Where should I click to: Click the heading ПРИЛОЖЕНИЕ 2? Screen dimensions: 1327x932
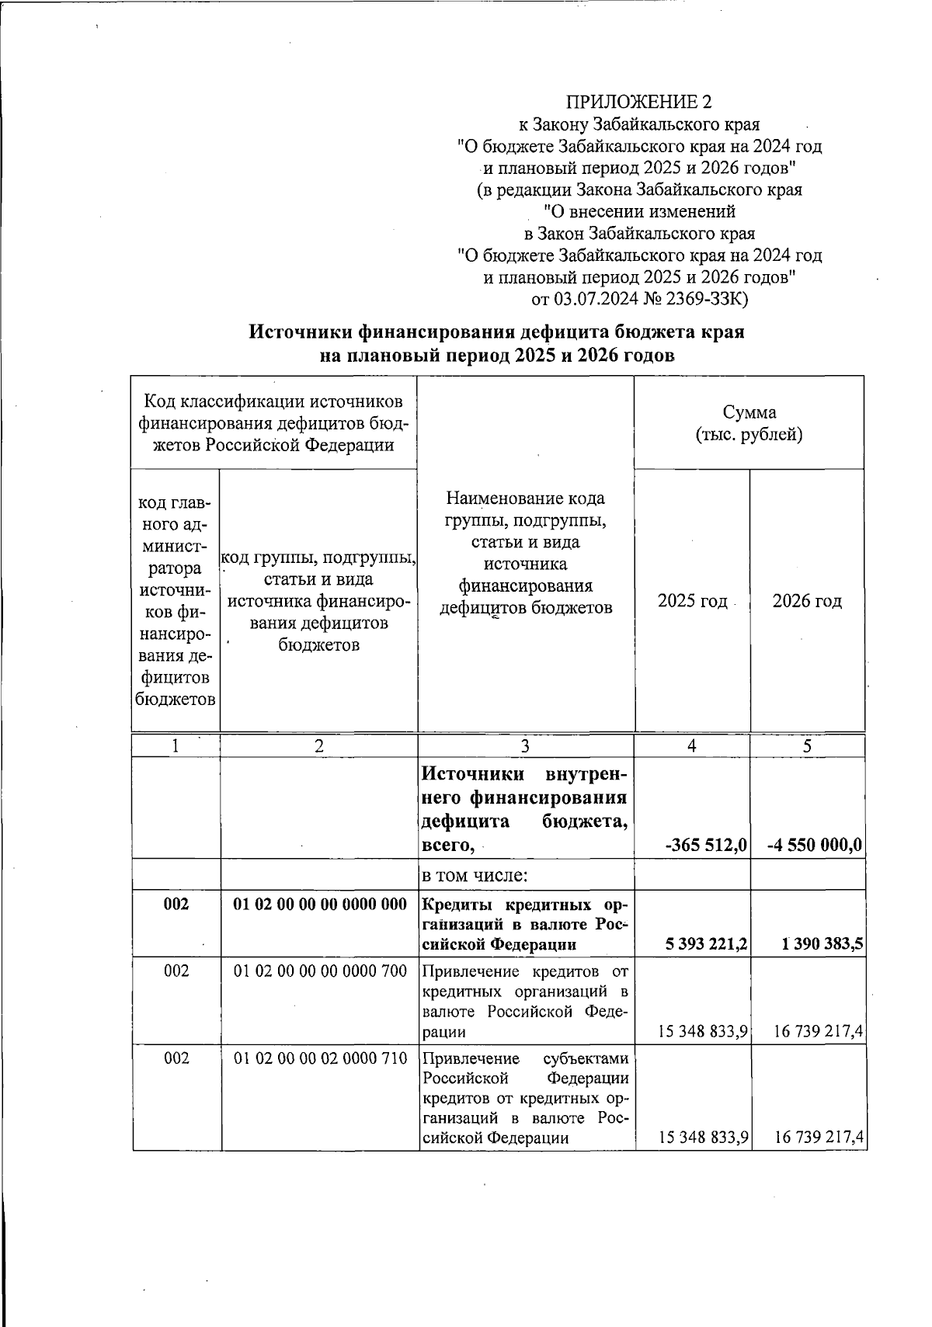point(638,102)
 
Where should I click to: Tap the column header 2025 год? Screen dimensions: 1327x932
point(692,601)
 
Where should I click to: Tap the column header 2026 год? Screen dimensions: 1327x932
point(807,601)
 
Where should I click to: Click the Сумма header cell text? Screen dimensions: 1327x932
point(749,412)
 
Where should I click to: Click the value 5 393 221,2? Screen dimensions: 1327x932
point(707,944)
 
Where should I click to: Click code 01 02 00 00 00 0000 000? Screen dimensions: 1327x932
point(320,905)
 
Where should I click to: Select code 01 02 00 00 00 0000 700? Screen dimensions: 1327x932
point(320,971)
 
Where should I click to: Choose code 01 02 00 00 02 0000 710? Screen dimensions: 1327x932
point(320,1058)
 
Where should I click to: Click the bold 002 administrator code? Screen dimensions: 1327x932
point(176,905)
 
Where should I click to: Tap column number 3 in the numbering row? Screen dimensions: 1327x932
point(526,746)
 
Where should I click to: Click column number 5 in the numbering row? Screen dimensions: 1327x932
point(808,746)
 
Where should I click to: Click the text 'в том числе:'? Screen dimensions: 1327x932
point(475,876)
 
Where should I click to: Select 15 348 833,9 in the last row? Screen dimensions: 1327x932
point(703,1138)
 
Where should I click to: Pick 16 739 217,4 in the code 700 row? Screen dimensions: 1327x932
point(819,1031)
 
